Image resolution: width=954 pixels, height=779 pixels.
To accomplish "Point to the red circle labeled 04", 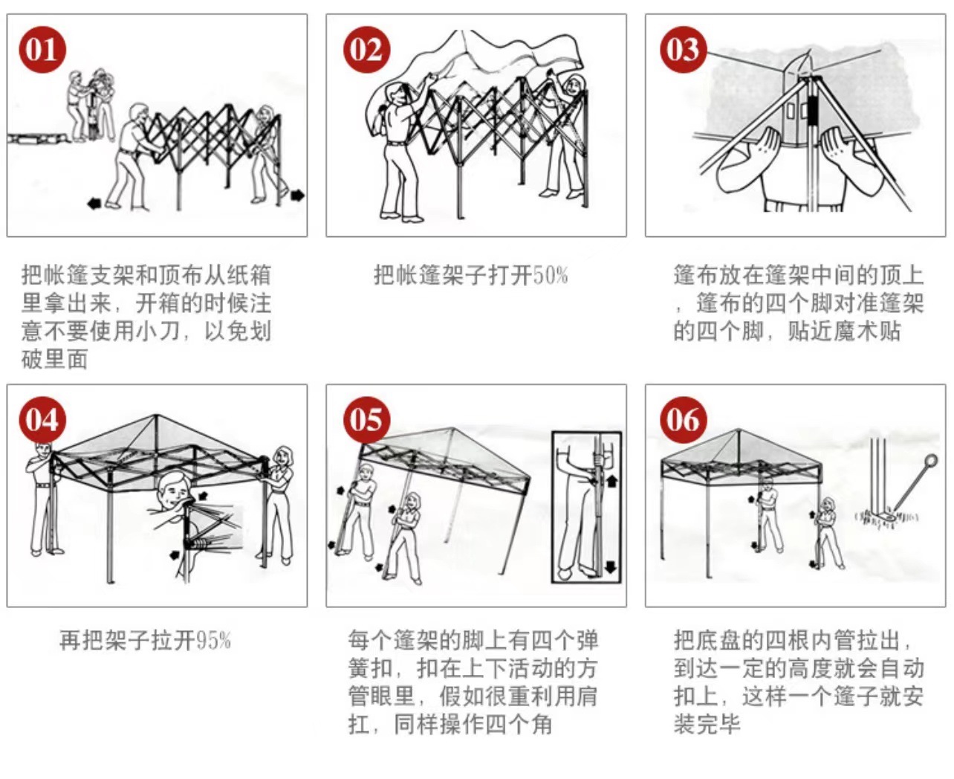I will point(42,419).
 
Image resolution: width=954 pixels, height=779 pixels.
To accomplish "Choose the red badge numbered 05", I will point(366,419).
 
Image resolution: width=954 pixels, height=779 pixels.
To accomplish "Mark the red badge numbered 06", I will point(683,419).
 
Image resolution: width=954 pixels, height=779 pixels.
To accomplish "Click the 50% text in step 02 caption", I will point(551,276).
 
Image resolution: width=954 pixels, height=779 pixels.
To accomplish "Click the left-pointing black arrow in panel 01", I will point(94,203).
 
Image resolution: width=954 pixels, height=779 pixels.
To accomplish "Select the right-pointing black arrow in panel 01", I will point(297,195).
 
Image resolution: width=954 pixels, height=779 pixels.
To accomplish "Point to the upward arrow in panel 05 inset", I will point(611,481).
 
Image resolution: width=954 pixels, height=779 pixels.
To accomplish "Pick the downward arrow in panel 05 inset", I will point(611,567).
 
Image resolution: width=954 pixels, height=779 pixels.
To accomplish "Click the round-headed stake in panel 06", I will point(930,462).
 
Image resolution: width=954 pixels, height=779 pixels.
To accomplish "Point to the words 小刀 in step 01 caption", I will point(157,331).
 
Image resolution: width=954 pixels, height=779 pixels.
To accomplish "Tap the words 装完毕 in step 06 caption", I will point(707,724).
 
